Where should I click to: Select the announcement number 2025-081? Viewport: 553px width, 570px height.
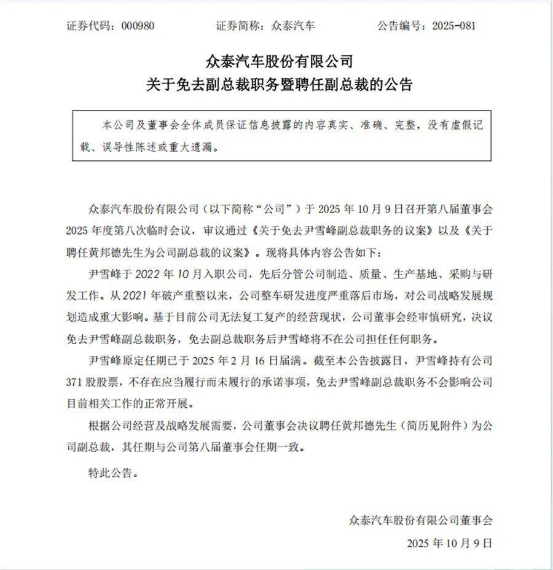(454, 25)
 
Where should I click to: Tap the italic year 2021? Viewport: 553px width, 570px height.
(135, 295)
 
